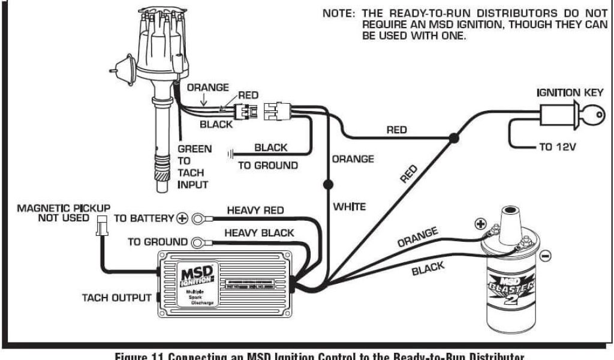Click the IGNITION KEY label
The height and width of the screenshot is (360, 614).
[x=566, y=93]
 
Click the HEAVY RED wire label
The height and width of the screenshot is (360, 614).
[x=255, y=211]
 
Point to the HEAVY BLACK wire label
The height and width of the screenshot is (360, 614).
[x=259, y=233]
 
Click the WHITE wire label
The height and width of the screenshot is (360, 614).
[x=350, y=207]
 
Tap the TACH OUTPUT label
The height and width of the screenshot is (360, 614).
[x=116, y=298]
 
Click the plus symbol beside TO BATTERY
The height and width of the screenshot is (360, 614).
[x=182, y=219]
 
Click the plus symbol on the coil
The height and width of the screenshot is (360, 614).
[x=480, y=224]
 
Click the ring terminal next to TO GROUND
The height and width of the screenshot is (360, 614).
[x=199, y=242]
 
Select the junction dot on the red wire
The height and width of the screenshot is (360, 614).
[x=454, y=139]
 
